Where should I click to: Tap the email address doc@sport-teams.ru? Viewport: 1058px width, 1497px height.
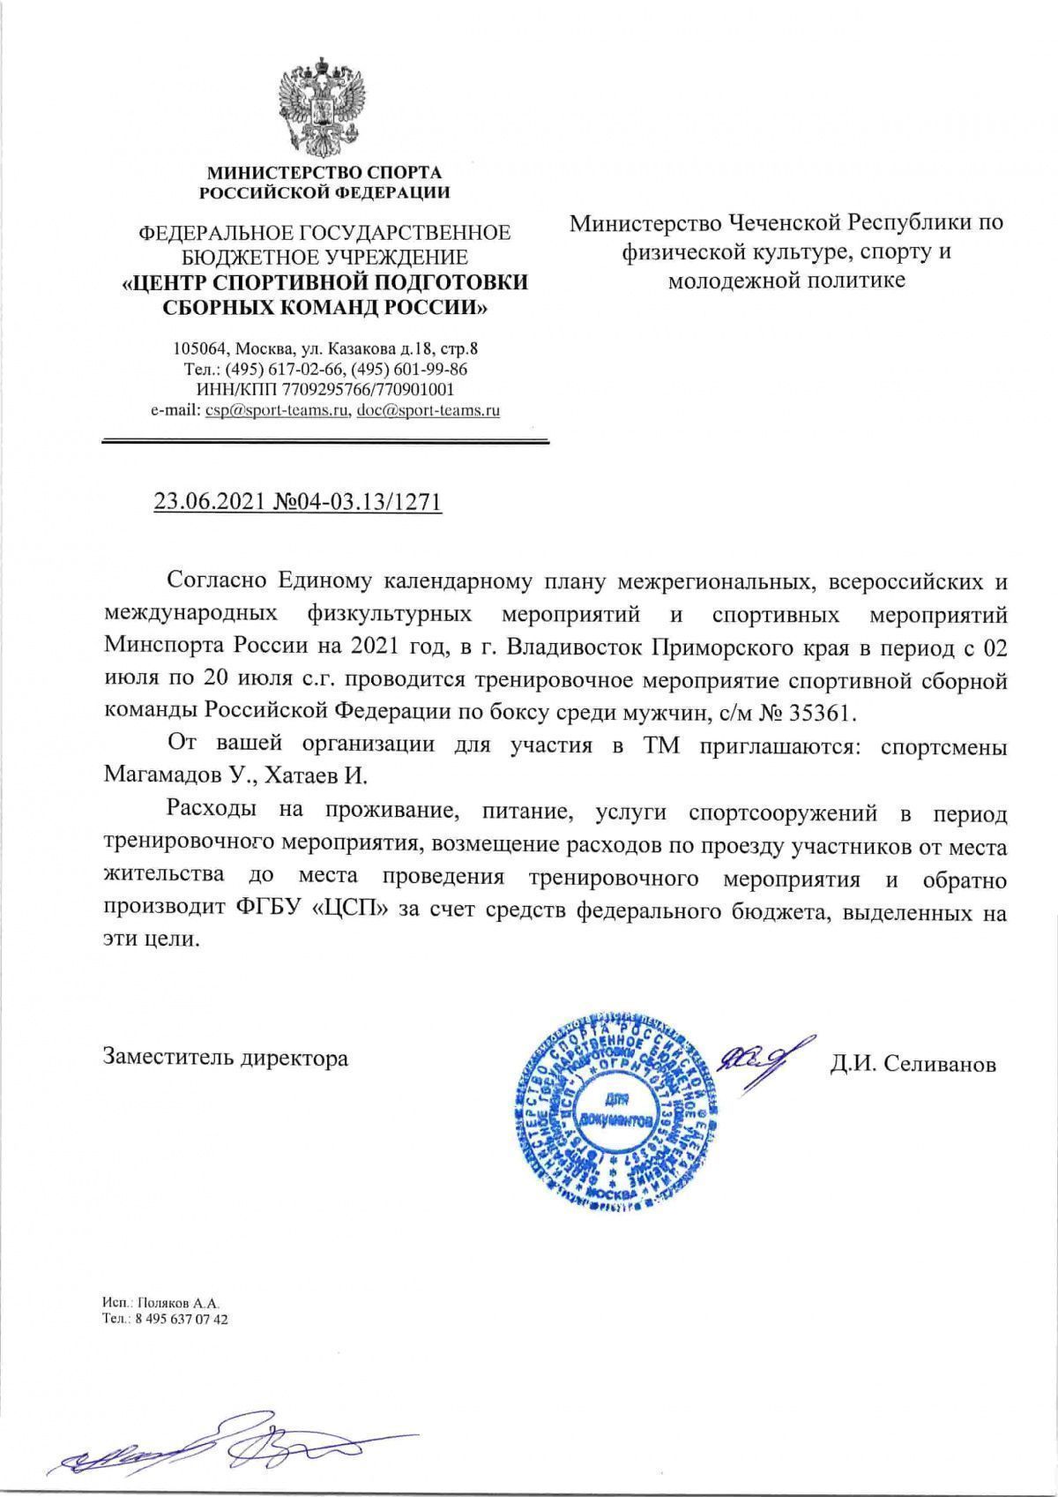click(x=428, y=410)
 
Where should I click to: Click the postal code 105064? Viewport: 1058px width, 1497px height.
click(x=197, y=348)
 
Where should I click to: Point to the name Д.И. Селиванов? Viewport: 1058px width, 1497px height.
click(x=912, y=1065)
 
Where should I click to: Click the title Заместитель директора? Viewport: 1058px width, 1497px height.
click(x=226, y=1058)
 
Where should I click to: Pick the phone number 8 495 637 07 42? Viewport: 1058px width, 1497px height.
click(x=177, y=1320)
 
